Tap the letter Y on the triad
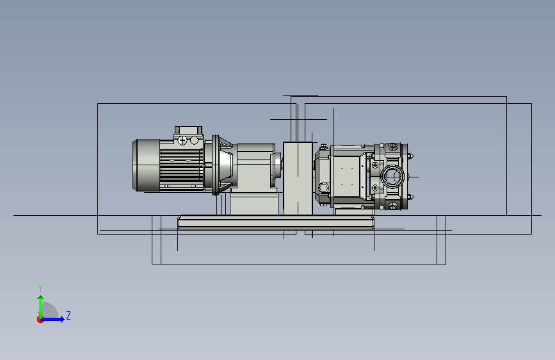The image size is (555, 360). pyautogui.click(x=40, y=288)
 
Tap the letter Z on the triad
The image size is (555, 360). pyautogui.click(x=68, y=315)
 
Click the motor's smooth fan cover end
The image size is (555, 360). pyautogui.click(x=146, y=165)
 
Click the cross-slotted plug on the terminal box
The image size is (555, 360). pyautogui.click(x=182, y=141)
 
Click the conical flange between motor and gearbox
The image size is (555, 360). pyautogui.click(x=223, y=165)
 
